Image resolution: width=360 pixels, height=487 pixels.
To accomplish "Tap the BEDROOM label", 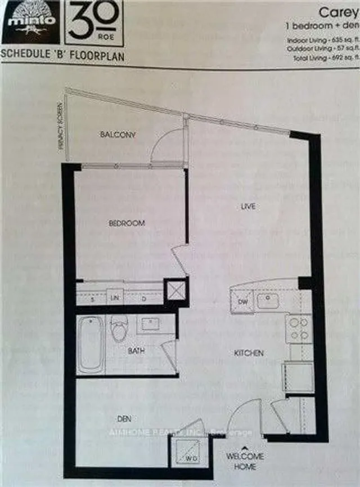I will click(x=127, y=224).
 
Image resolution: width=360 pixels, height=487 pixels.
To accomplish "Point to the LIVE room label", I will click(x=248, y=207).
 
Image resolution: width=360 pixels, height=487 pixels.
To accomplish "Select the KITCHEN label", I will click(x=249, y=354).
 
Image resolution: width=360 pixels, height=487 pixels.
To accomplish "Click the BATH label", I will click(x=136, y=351).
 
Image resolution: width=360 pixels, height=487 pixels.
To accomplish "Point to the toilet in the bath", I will click(x=120, y=329).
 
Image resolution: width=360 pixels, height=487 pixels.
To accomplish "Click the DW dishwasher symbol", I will click(x=242, y=301).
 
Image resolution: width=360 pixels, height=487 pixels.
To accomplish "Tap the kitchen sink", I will click(x=268, y=301).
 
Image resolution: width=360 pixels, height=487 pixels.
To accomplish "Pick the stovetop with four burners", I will click(x=298, y=329).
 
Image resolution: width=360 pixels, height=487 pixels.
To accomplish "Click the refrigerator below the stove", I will click(x=298, y=377).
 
